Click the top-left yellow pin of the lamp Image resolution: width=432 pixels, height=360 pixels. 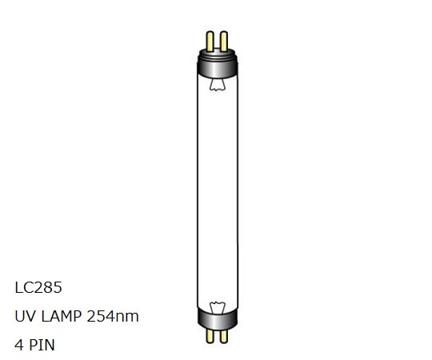[210, 38]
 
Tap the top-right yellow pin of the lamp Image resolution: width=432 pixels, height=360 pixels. [223, 38]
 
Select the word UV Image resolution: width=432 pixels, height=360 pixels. [24, 316]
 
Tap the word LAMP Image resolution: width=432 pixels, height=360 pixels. [61, 316]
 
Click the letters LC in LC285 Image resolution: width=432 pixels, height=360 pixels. [22, 286]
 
